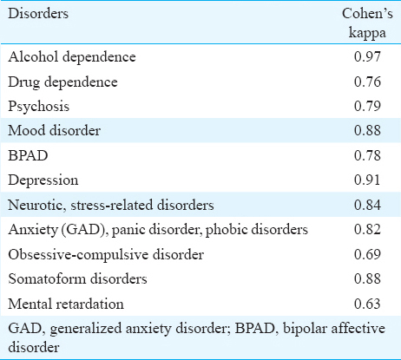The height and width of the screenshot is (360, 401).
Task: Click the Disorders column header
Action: click(x=38, y=14)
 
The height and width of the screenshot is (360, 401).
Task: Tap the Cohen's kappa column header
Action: click(x=367, y=23)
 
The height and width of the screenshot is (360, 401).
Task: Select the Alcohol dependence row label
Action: click(x=72, y=57)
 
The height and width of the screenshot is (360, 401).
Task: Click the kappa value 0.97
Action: click(x=367, y=56)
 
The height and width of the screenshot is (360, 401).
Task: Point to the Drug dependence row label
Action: click(x=62, y=82)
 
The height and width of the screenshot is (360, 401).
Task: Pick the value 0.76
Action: click(x=367, y=82)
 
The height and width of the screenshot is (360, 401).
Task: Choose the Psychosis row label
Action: click(x=39, y=107)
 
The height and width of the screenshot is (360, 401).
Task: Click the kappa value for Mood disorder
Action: click(x=367, y=130)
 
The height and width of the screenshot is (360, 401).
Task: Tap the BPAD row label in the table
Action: click(x=28, y=155)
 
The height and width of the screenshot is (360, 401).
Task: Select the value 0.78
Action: click(x=367, y=155)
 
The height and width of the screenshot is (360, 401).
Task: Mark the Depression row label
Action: click(x=43, y=180)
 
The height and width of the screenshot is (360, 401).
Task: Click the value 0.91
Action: click(x=367, y=180)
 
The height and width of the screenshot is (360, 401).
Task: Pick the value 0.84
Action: click(x=367, y=205)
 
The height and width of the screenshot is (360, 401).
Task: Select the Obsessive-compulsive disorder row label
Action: click(x=106, y=255)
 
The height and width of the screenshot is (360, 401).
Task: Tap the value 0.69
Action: click(x=367, y=254)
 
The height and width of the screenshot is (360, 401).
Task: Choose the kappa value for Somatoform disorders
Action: click(x=367, y=278)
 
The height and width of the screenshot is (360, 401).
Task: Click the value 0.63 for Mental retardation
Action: click(x=367, y=304)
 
